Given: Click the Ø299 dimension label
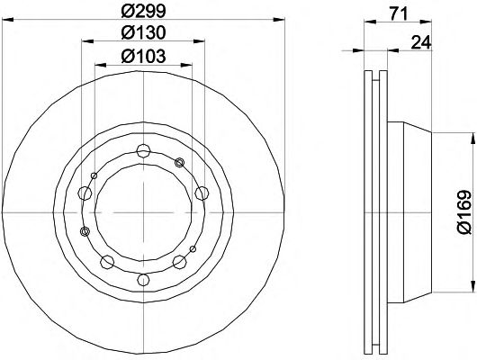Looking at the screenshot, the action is click(x=143, y=11).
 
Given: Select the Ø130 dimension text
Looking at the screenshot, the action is click(x=143, y=32).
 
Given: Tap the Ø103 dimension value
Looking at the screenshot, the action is click(x=143, y=56).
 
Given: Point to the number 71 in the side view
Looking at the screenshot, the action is click(x=398, y=13).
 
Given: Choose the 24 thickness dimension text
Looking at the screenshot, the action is click(x=421, y=42).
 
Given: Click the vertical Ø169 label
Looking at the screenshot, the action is click(x=464, y=212).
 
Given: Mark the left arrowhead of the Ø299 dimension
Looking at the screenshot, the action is click(x=8, y=20).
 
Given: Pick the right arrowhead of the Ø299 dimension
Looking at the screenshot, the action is click(x=279, y=20).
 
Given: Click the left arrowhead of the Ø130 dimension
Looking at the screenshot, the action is click(x=87, y=41).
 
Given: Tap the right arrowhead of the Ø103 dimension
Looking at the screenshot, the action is click(x=186, y=65).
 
